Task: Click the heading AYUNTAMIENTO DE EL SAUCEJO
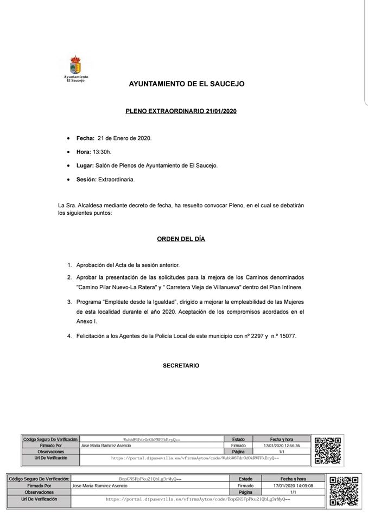coord(186,84)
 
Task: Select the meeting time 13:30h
coord(103,151)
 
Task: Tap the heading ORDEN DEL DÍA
coord(181,239)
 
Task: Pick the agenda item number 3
coord(69,301)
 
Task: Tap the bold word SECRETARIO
coord(181,365)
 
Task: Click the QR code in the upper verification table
coord(328,450)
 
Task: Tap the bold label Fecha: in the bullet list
coord(85,138)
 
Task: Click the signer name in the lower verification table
coord(100,486)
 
